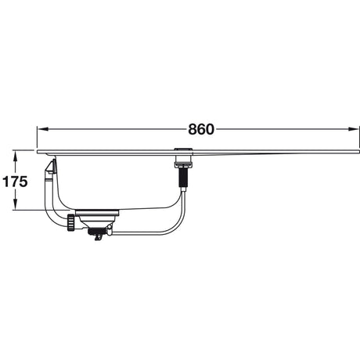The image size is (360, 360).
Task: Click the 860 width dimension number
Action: click(201, 129)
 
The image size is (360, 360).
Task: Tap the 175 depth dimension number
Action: click(15, 182)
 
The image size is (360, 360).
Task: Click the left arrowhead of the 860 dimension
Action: click(43, 129)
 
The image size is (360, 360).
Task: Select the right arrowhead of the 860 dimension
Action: click(354, 129)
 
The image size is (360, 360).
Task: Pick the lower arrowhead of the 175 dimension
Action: click(16, 203)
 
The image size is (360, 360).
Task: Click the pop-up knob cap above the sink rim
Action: click(184, 149)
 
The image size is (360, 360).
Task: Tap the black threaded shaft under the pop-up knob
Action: click(183, 177)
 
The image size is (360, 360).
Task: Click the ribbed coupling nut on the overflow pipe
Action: click(71, 222)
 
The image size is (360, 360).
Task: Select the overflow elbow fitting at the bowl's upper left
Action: click(51, 167)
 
